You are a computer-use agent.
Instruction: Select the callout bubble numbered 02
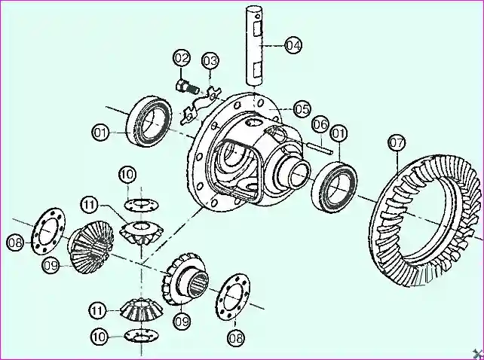pos(182,58)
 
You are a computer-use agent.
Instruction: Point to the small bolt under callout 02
pos(184,84)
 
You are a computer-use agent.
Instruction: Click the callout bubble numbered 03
pos(209,60)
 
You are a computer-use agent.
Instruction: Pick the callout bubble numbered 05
pos(302,108)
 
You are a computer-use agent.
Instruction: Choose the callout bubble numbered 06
pos(320,124)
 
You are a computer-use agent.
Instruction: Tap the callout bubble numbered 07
pos(397,142)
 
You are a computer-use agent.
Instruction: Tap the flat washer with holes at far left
pos(44,228)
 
